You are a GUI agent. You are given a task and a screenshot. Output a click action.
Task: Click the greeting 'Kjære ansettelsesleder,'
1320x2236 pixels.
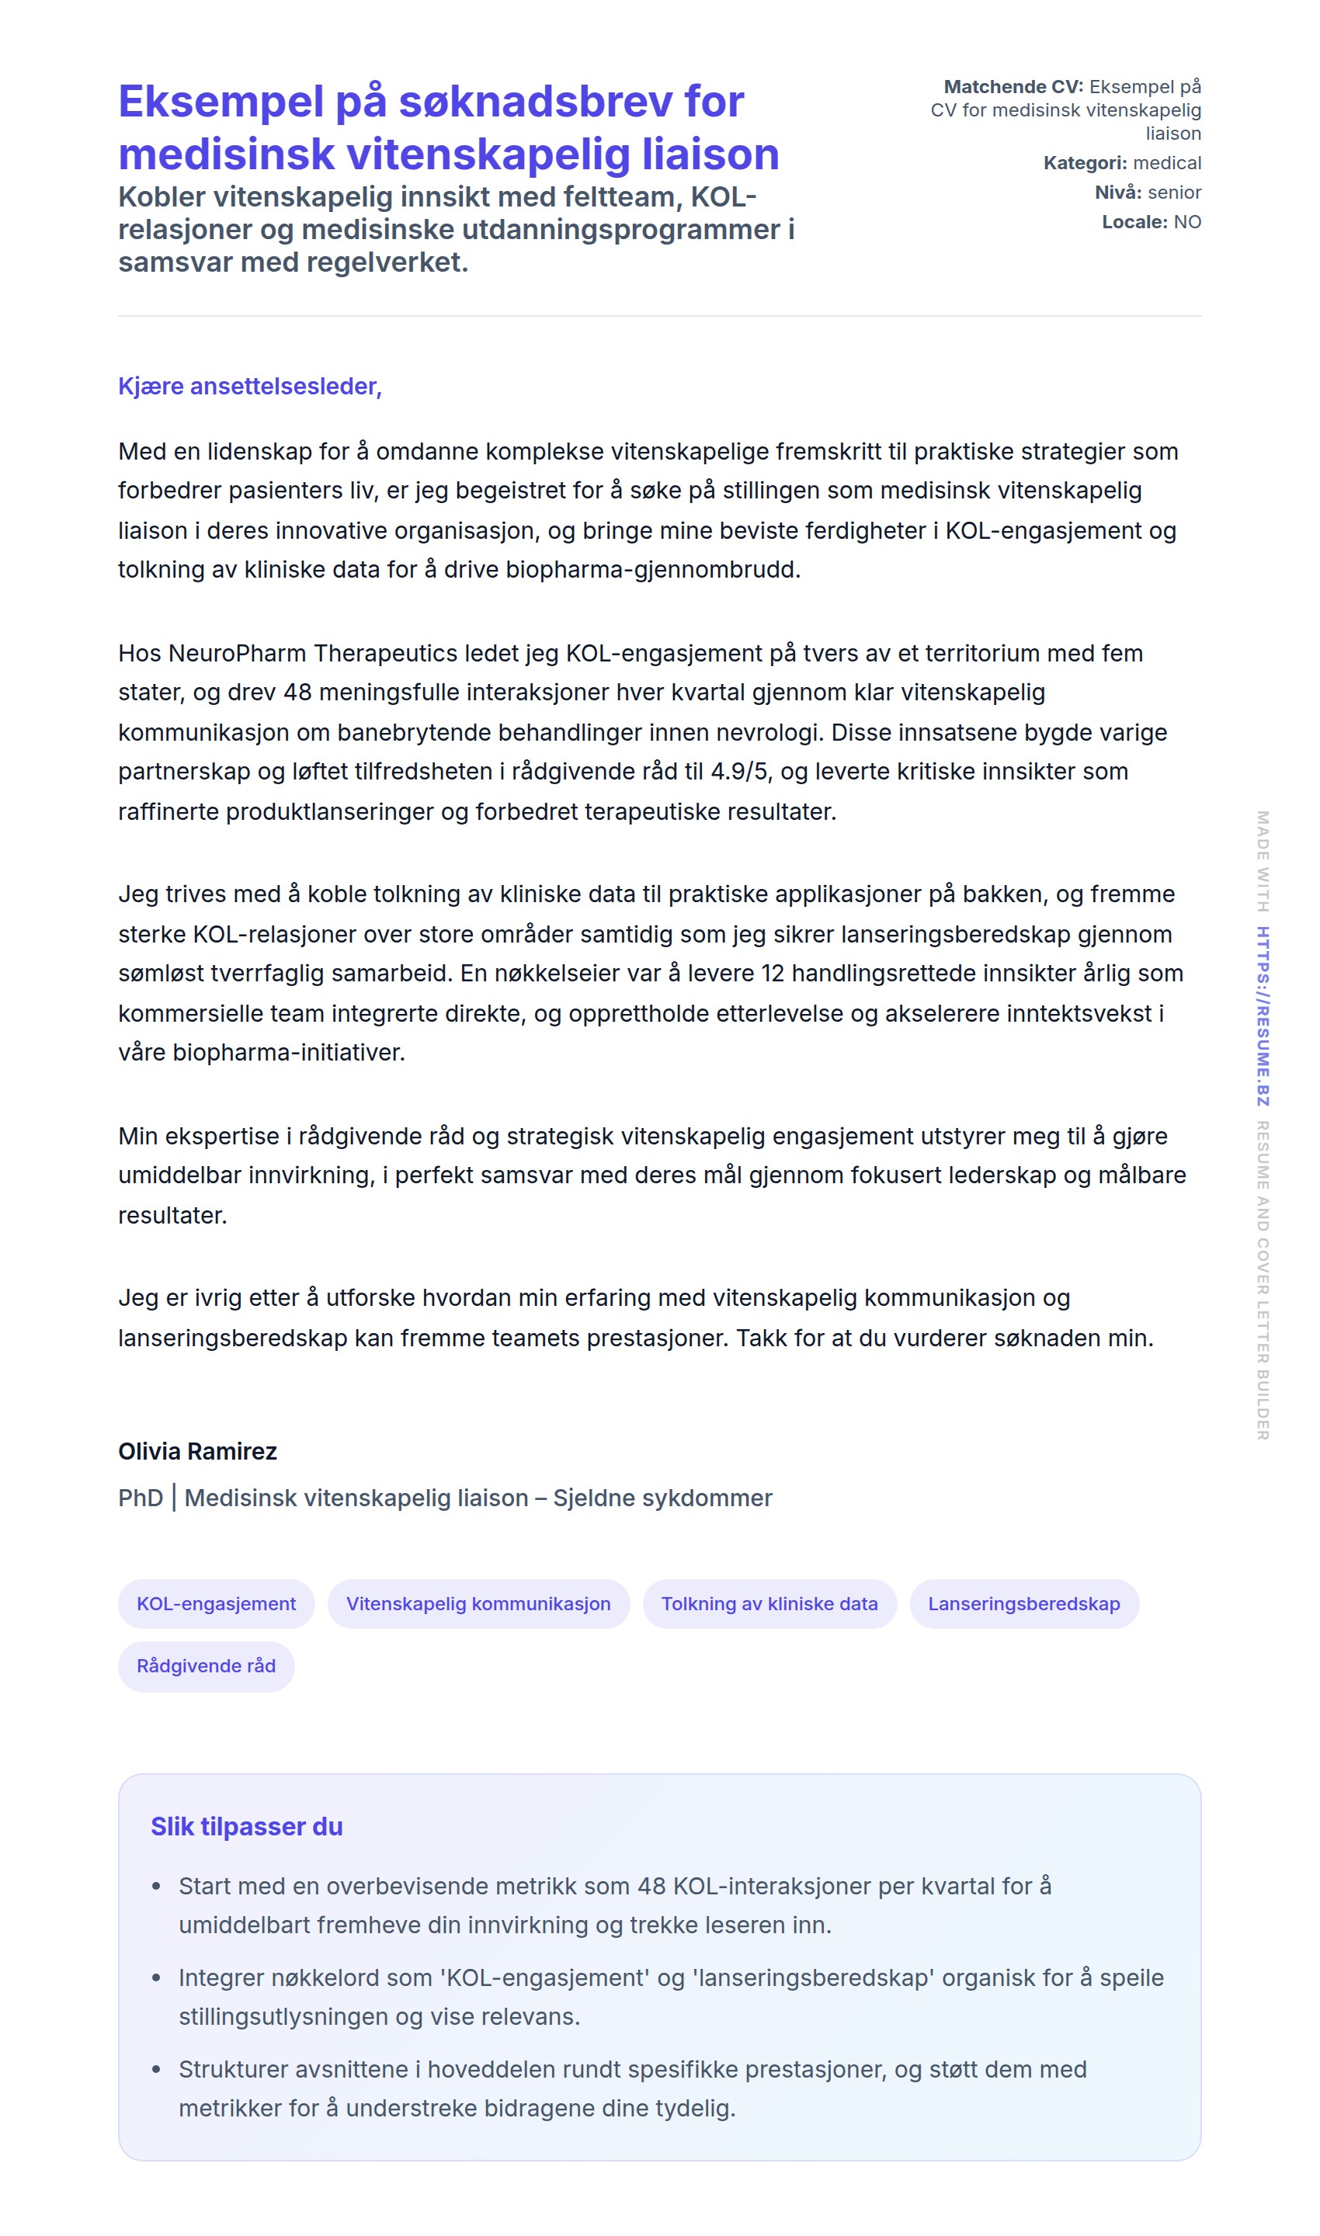(250, 386)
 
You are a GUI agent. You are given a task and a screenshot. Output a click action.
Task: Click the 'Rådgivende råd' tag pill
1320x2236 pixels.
(207, 1666)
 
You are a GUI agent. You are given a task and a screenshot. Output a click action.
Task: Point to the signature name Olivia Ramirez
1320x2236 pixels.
(197, 1452)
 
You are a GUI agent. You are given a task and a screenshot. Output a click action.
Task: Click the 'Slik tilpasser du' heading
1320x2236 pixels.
(246, 1827)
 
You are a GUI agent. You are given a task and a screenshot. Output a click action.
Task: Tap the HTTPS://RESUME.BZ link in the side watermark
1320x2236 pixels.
(1263, 1016)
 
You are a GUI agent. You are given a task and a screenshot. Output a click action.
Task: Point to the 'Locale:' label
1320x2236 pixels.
(1134, 221)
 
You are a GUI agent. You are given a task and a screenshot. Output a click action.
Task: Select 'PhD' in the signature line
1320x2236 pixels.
(141, 1498)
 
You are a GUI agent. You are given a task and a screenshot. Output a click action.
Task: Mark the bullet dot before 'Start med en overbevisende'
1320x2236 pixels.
(157, 1887)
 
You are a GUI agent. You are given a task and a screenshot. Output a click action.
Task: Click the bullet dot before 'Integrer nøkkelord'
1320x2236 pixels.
(157, 1978)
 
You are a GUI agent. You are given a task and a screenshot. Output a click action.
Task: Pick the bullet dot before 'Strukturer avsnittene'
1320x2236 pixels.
(157, 2070)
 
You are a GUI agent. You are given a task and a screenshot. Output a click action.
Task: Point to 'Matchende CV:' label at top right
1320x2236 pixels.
(1013, 86)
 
